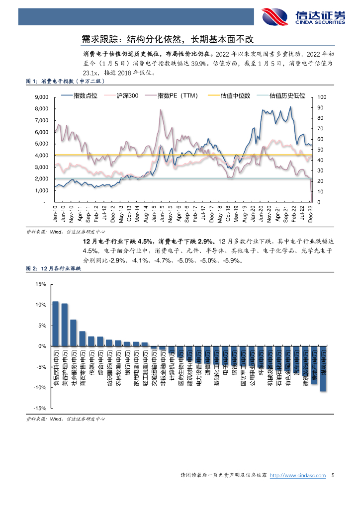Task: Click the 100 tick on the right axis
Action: tap(321, 97)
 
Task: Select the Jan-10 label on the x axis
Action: tap(57, 214)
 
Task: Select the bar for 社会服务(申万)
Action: tap(73, 333)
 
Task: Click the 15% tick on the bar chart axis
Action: tap(41, 284)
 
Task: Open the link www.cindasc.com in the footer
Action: tap(303, 476)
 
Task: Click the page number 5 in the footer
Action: tap(333, 476)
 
